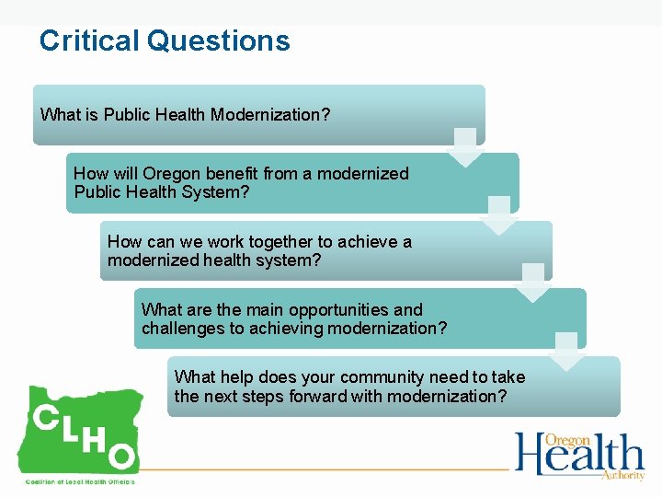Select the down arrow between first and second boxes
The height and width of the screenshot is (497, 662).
tap(466, 147)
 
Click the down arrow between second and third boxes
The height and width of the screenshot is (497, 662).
tap(499, 215)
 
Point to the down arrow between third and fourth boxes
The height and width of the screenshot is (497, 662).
tap(533, 283)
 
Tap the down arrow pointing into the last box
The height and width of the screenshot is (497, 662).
tap(567, 352)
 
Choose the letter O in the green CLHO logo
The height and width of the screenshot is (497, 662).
tap(123, 457)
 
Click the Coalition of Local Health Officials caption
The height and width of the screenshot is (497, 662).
tap(79, 481)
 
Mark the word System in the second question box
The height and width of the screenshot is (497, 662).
tap(222, 192)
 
